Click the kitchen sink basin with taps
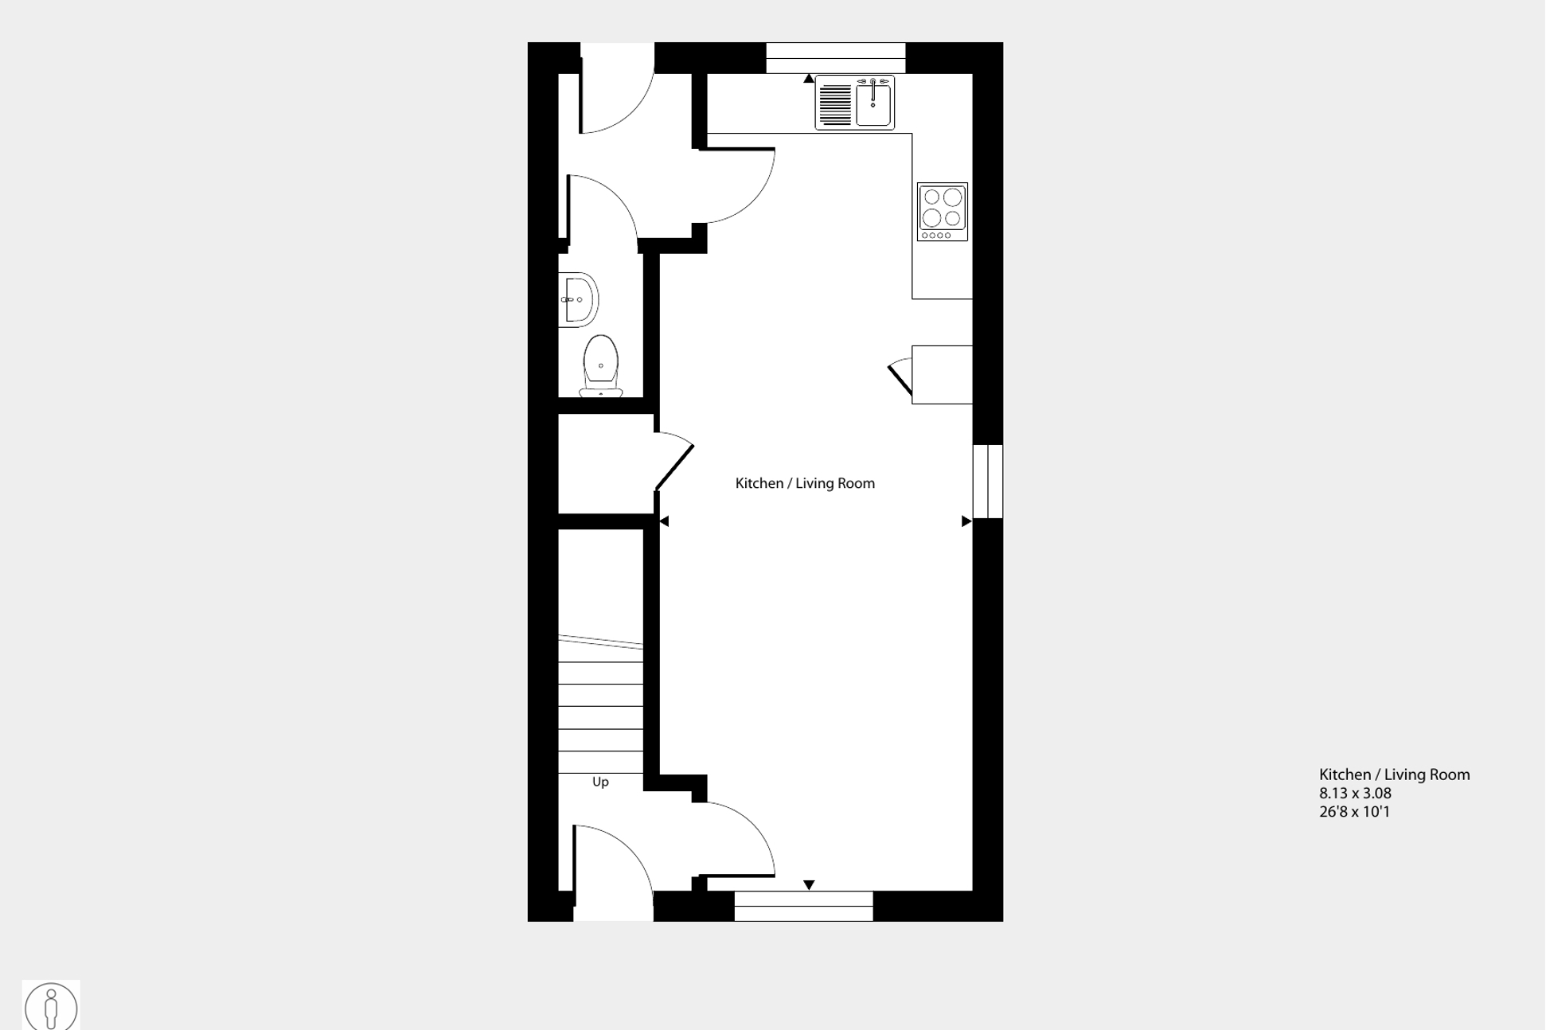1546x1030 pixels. coord(873,103)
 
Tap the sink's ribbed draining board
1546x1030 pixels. coord(835,104)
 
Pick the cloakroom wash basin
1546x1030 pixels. coord(579,300)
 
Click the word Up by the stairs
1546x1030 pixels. coord(600,782)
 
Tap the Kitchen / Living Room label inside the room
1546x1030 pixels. coord(804,483)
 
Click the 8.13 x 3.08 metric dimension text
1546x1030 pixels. coord(1355,794)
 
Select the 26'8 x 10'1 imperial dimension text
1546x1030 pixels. coord(1354,812)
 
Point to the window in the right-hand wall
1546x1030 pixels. coord(988,482)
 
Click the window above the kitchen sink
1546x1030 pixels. coord(835,58)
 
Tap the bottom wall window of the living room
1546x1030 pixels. coord(803,906)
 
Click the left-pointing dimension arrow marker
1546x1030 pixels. coord(664,521)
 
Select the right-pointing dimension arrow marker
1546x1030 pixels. coord(966,521)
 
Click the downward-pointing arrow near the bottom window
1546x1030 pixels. coord(809,885)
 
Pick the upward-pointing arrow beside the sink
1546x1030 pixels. coord(809,78)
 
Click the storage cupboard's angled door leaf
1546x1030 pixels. coord(674,467)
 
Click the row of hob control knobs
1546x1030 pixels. coord(936,235)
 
